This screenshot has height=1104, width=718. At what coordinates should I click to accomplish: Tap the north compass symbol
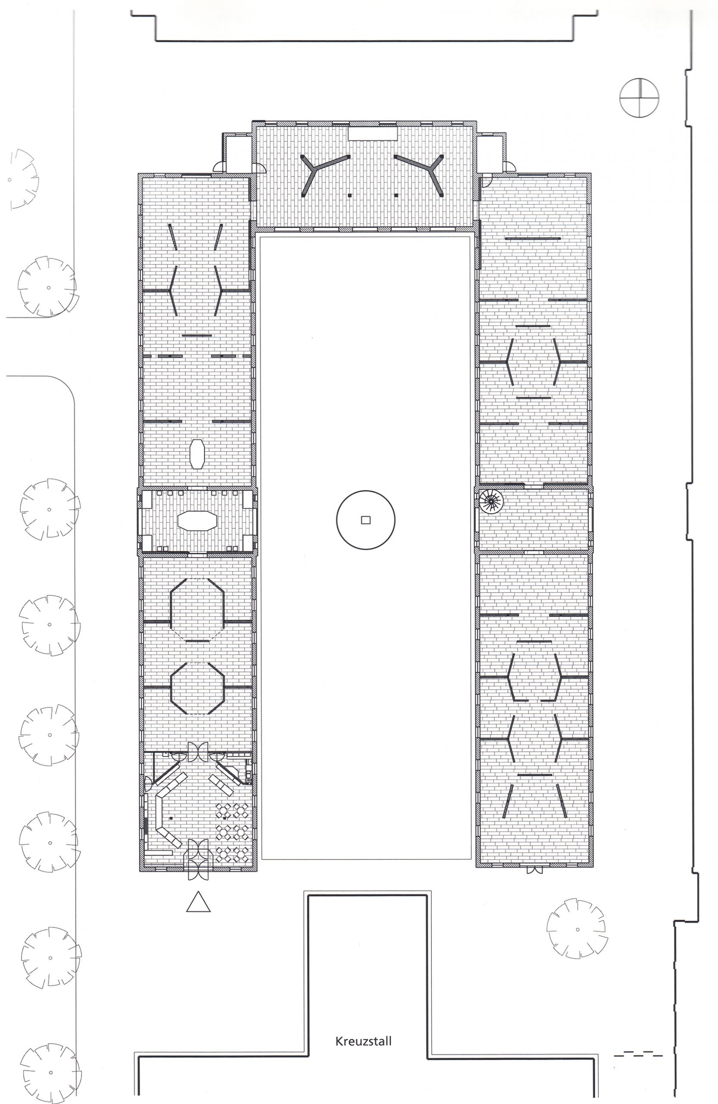click(x=639, y=98)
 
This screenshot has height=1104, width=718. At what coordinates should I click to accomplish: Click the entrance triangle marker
click(x=198, y=902)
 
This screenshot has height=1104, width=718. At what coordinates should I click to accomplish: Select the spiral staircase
click(x=491, y=501)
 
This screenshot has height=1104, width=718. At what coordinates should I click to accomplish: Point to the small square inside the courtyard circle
click(x=366, y=521)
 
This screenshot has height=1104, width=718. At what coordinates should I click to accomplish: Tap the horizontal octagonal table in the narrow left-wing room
click(x=197, y=521)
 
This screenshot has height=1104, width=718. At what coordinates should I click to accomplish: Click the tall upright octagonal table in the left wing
click(x=197, y=454)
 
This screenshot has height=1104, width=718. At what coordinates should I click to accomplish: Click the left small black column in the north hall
click(x=350, y=196)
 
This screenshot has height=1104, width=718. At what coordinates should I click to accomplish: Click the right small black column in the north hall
click(x=396, y=196)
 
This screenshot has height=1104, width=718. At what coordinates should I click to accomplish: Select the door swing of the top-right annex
click(x=510, y=166)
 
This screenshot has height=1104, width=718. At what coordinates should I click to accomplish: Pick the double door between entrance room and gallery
click(x=198, y=751)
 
